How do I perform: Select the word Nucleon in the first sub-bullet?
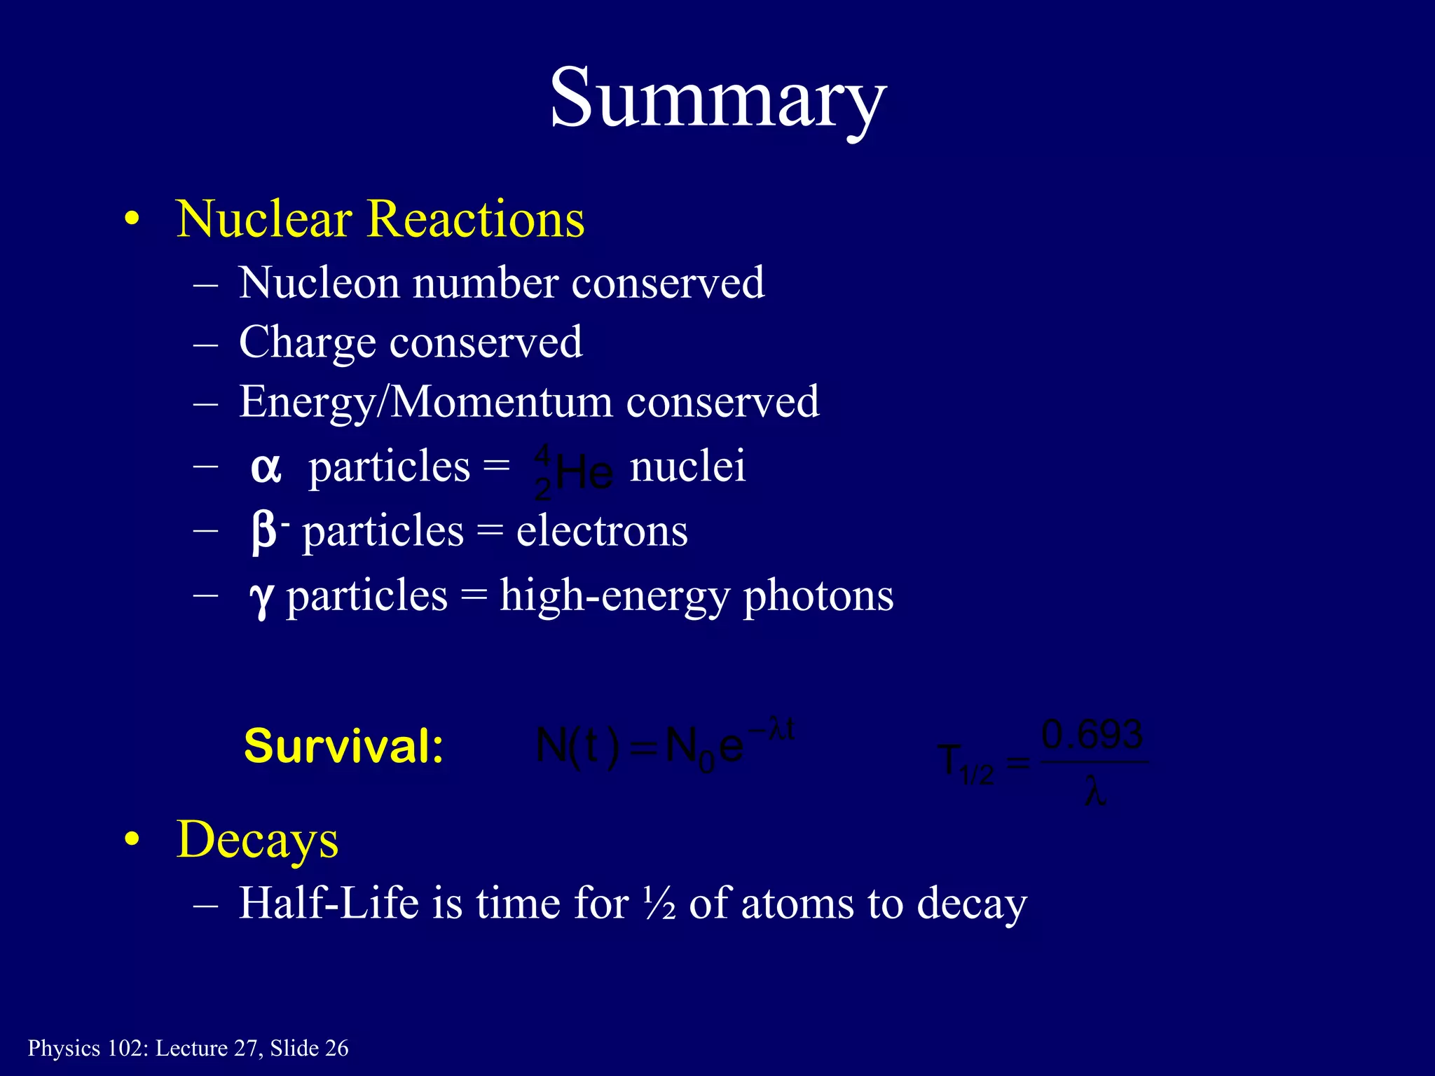coord(318,284)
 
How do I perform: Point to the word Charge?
coord(307,343)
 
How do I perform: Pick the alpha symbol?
coord(266,469)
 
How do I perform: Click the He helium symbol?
coord(584,474)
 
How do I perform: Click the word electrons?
coord(602,532)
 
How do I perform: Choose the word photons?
coord(818,597)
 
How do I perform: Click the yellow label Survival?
coord(343,746)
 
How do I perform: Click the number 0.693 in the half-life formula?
coord(1092,735)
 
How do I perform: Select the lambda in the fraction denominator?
coord(1094,794)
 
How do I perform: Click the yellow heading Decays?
coord(257,839)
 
